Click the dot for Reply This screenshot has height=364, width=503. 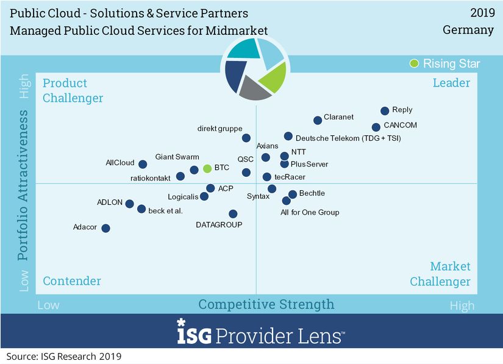(x=385, y=111)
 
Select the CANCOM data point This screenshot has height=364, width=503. (x=376, y=127)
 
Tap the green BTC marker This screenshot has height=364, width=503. (x=207, y=168)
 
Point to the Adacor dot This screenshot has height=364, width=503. (x=106, y=229)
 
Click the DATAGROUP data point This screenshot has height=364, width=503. (x=234, y=214)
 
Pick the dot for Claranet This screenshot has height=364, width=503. (x=318, y=120)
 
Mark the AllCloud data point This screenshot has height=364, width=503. (x=143, y=165)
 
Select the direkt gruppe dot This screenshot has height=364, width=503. (x=246, y=138)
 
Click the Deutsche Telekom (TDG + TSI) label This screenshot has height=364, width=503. (x=348, y=138)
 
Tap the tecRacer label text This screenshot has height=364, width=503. (x=290, y=177)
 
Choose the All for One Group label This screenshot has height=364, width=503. (x=310, y=212)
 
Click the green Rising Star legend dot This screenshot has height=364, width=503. (x=414, y=63)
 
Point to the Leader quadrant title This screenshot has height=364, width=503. (x=451, y=83)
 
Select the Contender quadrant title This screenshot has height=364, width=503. (x=72, y=281)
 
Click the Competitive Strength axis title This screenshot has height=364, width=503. (x=266, y=304)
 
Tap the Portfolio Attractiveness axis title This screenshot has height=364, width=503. (x=23, y=185)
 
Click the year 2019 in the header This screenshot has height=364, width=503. (x=482, y=13)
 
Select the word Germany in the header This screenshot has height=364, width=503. (x=468, y=30)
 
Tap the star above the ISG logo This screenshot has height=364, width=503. (x=181, y=322)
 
